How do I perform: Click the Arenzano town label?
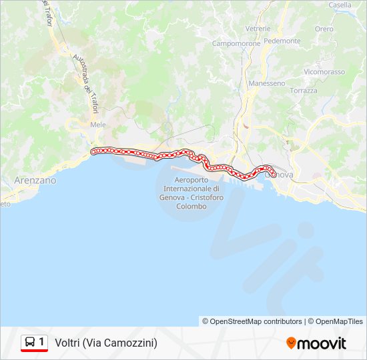pyautogui.click(x=35, y=180)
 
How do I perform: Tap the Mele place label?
pyautogui.click(x=98, y=124)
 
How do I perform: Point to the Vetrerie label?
pyautogui.click(x=258, y=29)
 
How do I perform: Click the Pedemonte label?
pyautogui.click(x=282, y=41)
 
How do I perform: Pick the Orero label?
pyautogui.click(x=324, y=29)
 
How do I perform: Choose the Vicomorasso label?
pyautogui.click(x=324, y=71)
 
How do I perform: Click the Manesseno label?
pyautogui.click(x=266, y=83)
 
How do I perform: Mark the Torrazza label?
pyautogui.click(x=304, y=90)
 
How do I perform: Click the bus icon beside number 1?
pyautogui.click(x=30, y=342)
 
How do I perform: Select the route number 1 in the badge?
pyautogui.click(x=41, y=342)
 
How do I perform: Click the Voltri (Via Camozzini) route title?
pyautogui.click(x=106, y=343)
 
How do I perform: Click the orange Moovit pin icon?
pyautogui.click(x=291, y=343)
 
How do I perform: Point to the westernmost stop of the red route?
pyautogui.click(x=93, y=151)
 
